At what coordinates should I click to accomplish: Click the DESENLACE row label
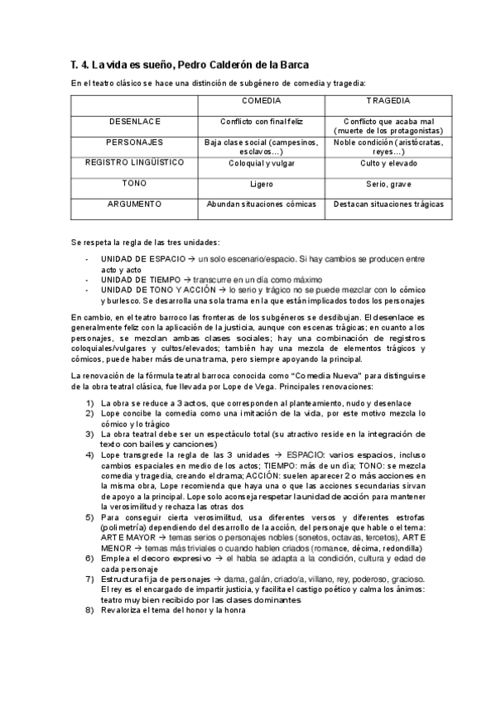click(134, 122)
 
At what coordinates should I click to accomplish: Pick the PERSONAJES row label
click(134, 142)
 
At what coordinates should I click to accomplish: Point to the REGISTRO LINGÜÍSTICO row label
click(134, 163)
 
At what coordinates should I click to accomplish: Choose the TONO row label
click(134, 184)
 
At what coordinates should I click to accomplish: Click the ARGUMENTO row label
click(134, 204)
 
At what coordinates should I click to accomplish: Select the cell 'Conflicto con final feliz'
click(261, 122)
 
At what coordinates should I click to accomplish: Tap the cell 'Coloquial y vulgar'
click(261, 163)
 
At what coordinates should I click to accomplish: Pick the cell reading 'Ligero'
click(261, 184)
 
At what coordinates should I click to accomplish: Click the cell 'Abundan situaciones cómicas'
click(261, 204)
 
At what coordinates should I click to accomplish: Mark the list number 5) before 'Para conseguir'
click(89, 493)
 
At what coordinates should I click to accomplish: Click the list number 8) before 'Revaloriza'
click(89, 611)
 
